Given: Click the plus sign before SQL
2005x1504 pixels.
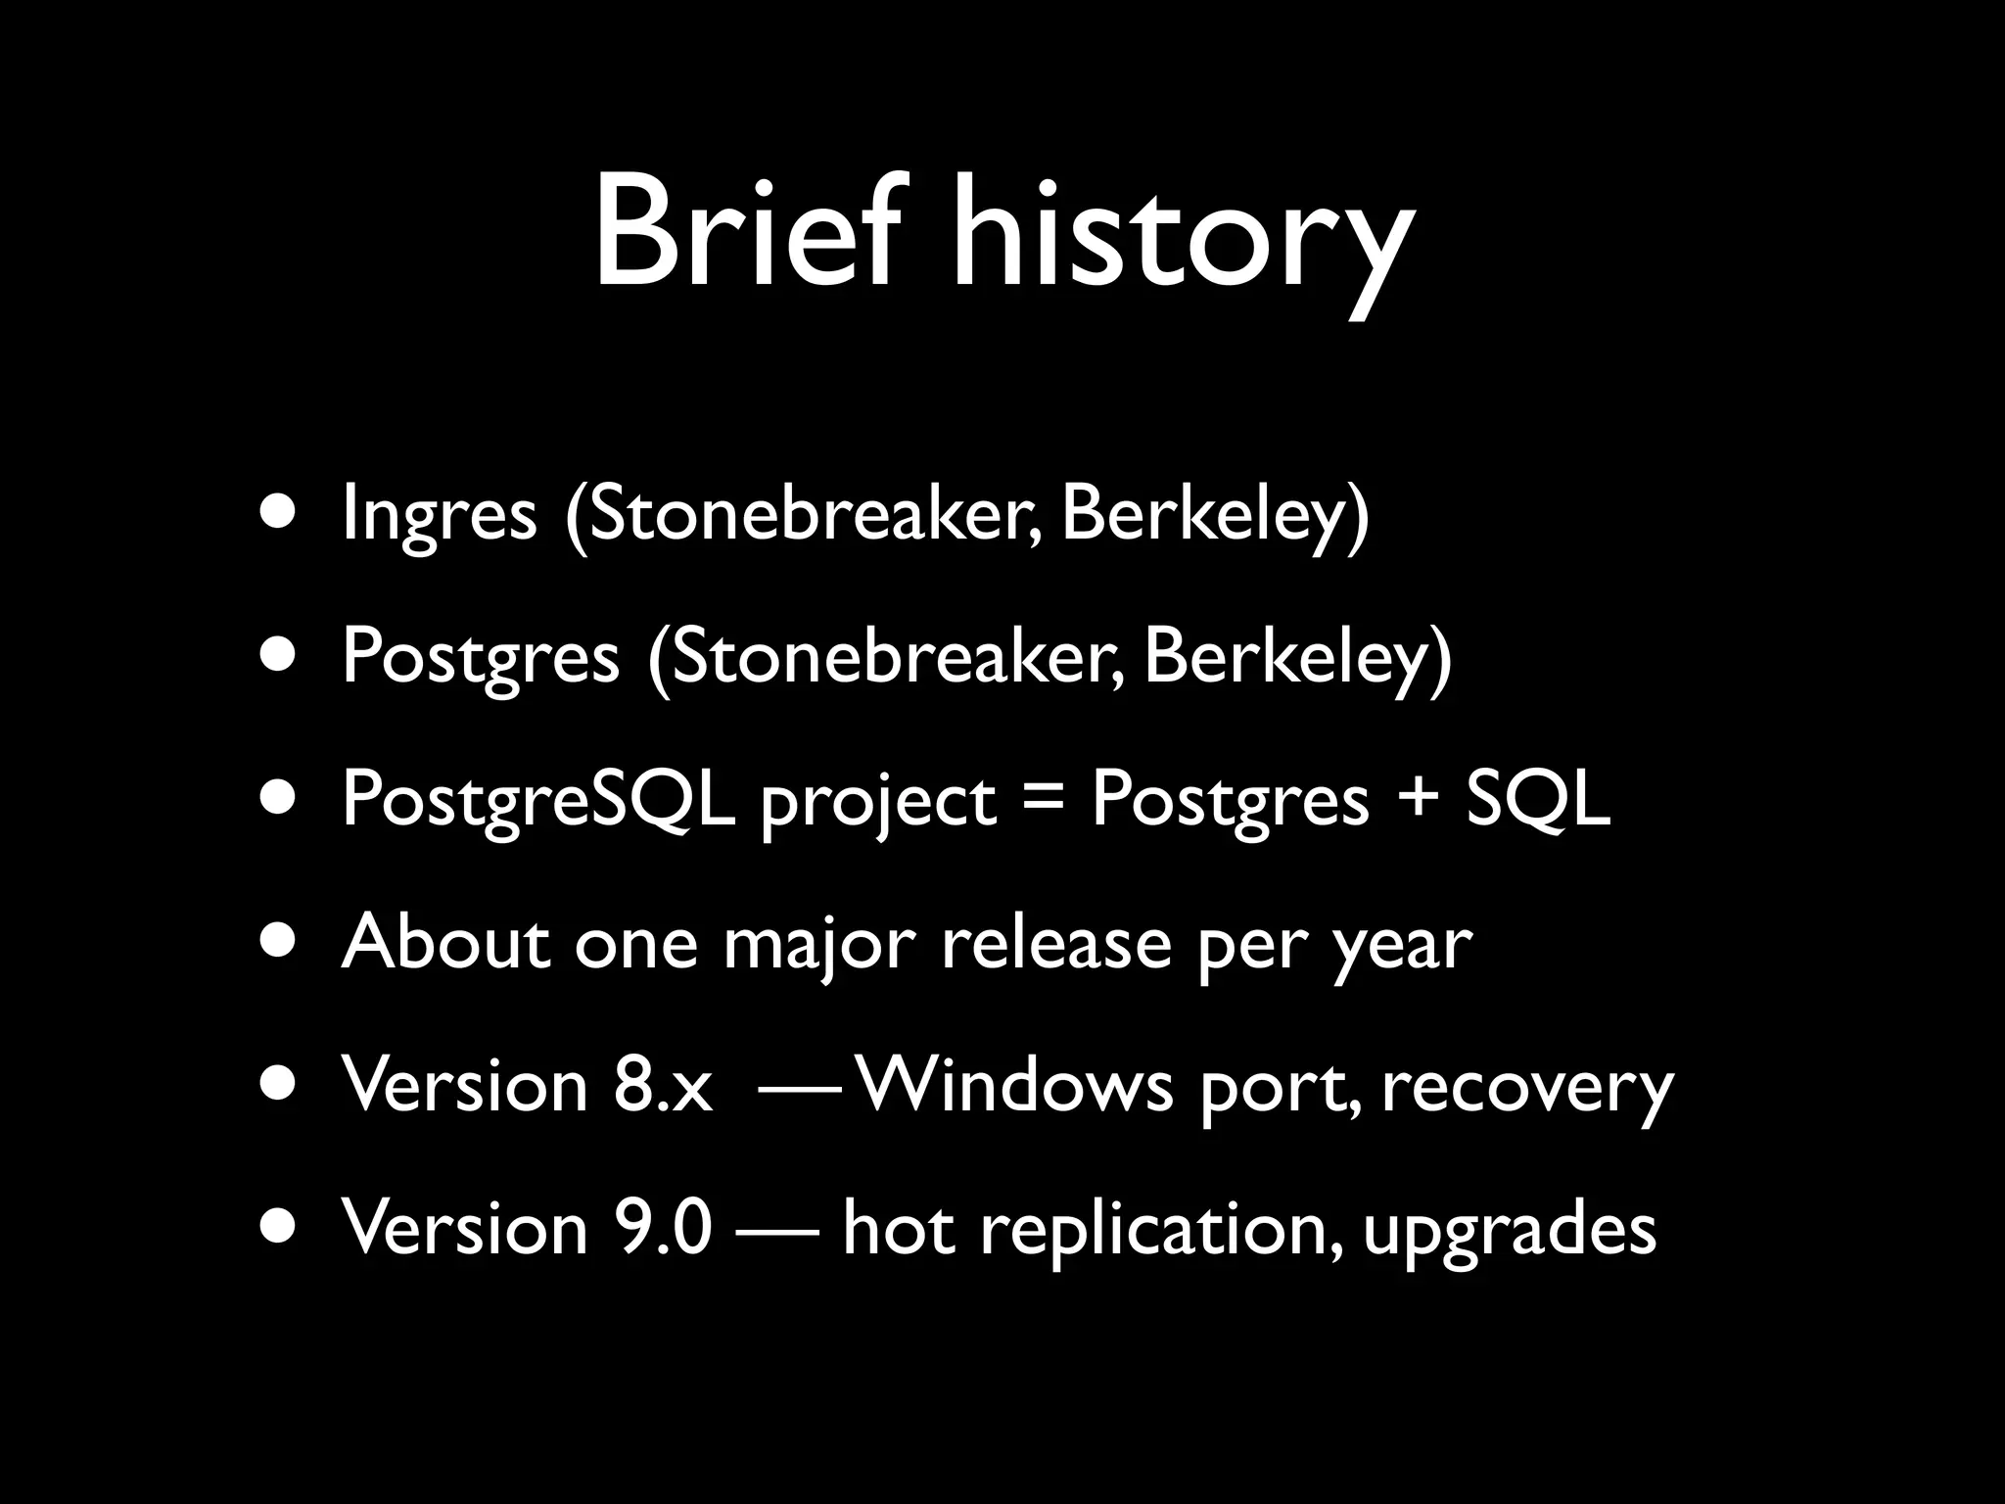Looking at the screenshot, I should (x=1417, y=799).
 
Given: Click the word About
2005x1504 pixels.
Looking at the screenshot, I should (x=445, y=942).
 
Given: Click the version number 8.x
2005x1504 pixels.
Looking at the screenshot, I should (x=664, y=1086).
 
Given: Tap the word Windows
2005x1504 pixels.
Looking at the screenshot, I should (x=1013, y=1086).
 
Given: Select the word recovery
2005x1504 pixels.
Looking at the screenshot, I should (x=1527, y=1089).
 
